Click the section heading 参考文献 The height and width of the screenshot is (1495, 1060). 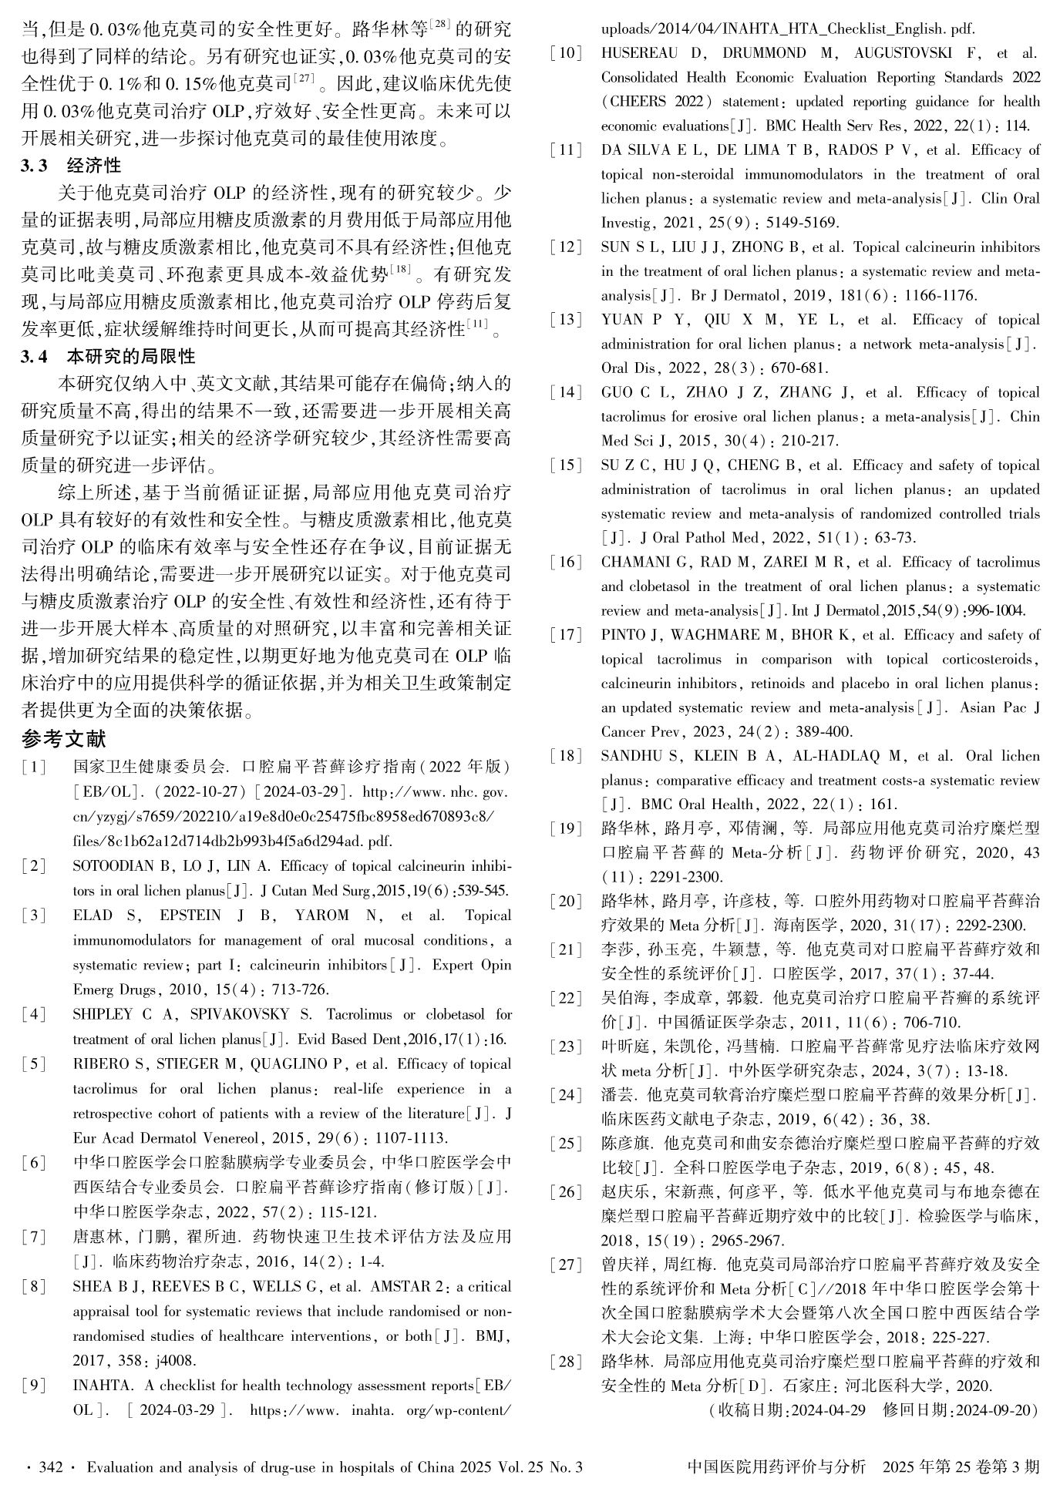(64, 740)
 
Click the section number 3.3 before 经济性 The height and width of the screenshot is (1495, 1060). (35, 166)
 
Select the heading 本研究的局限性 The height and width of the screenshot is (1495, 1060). (131, 356)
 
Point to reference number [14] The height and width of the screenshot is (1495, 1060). (567, 392)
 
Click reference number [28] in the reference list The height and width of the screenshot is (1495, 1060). (567, 1362)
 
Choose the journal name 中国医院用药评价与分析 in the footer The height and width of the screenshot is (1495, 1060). (776, 1467)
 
